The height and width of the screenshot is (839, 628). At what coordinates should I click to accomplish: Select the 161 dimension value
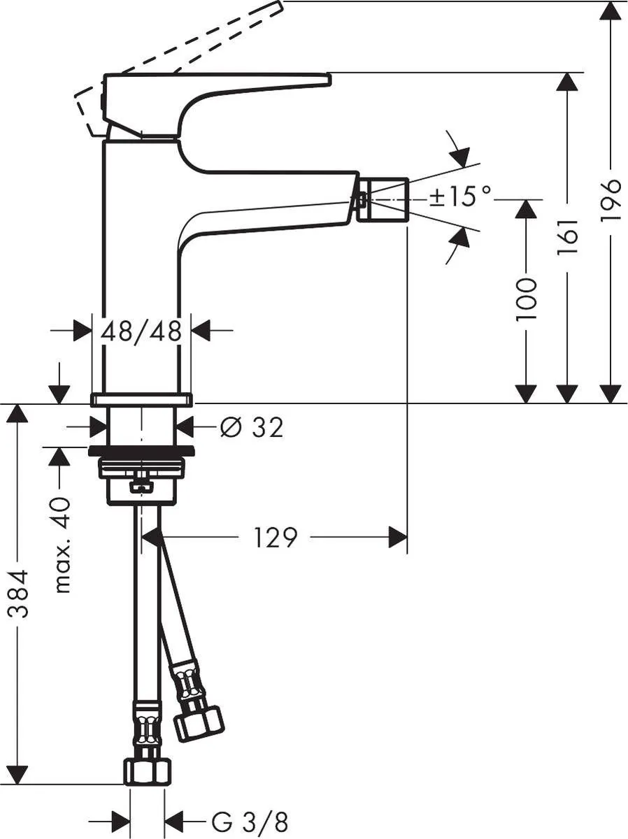click(x=568, y=236)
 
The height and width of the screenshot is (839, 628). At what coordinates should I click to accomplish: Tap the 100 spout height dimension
click(x=526, y=299)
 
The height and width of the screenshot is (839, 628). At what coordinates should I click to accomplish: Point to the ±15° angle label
click(x=461, y=197)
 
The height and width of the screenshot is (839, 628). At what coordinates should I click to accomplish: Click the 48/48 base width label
click(x=141, y=331)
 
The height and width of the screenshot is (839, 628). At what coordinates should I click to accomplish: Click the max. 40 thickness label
click(x=62, y=545)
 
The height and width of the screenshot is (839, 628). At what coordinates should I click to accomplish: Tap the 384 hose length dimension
click(x=19, y=594)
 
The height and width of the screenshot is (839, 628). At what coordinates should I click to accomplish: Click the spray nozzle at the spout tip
click(x=382, y=199)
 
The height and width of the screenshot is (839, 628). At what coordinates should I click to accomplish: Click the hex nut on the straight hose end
click(x=147, y=771)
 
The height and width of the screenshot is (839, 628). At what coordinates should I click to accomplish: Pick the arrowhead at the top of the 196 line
click(x=611, y=12)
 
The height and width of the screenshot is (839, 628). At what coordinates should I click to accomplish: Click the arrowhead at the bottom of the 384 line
click(x=19, y=773)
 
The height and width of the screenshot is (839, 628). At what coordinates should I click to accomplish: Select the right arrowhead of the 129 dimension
click(x=397, y=538)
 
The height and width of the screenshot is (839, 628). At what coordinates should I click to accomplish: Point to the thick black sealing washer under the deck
click(x=141, y=450)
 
